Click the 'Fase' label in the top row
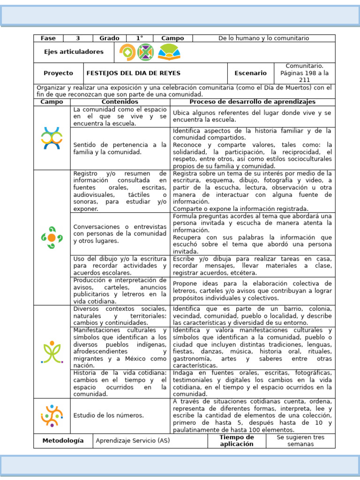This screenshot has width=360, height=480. pyautogui.click(x=48, y=38)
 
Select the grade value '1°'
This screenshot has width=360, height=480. pyautogui.click(x=140, y=38)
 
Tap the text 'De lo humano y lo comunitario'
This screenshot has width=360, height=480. pyautogui.click(x=264, y=38)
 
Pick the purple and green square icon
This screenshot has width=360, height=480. pyautogui.click(x=145, y=52)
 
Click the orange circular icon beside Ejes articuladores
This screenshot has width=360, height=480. pyautogui.click(x=127, y=52)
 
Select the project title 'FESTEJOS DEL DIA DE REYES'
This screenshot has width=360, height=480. pyautogui.click(x=134, y=73)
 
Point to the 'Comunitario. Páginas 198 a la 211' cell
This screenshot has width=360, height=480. pyautogui.click(x=305, y=73)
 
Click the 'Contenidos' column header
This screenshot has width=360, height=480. pyautogui.click(x=120, y=102)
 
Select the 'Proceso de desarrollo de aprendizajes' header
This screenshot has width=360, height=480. pyautogui.click(x=252, y=102)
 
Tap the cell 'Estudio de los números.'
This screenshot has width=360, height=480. pyautogui.click(x=109, y=415)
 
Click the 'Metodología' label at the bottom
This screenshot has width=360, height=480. pyautogui.click(x=63, y=441)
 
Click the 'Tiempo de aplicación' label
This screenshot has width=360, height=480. pyautogui.click(x=237, y=441)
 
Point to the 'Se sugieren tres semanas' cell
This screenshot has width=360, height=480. pyautogui.click(x=300, y=441)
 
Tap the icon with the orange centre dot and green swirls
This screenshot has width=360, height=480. pyautogui.click(x=52, y=238)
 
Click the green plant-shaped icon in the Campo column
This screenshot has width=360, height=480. pyautogui.click(x=52, y=352)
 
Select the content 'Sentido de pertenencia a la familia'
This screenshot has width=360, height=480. pyautogui.click(x=120, y=149)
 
